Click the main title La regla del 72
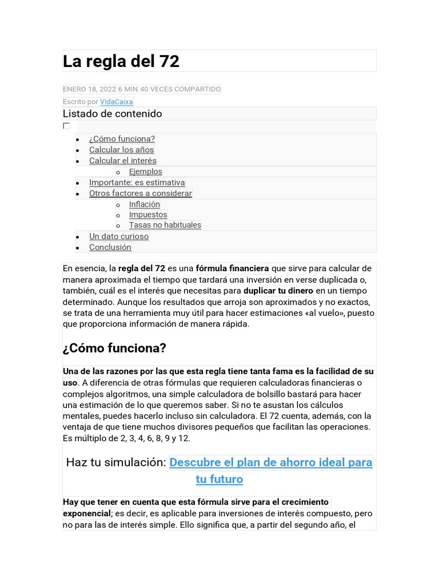tap(121, 61)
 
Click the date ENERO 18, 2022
tap(89, 89)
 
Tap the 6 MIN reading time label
tap(128, 89)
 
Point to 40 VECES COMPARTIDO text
tap(180, 89)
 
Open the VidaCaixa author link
tap(117, 102)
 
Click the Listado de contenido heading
tap(113, 113)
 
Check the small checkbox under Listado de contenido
tap(66, 126)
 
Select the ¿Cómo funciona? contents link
tap(122, 139)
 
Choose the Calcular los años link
tap(121, 150)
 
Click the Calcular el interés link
tap(122, 161)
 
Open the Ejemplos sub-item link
tap(145, 172)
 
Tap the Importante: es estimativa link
tap(137, 183)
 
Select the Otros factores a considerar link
tap(140, 193)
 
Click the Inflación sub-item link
tap(144, 204)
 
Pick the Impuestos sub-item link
tap(148, 215)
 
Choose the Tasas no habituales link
tap(165, 225)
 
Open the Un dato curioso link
tap(118, 236)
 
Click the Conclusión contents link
tap(110, 247)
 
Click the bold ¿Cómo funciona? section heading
tap(114, 348)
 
